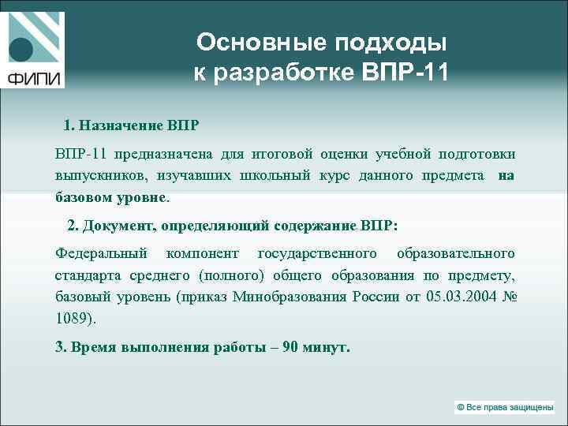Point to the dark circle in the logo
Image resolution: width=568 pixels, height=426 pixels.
[x=21, y=50]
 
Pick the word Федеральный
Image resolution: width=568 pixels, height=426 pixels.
[x=101, y=253]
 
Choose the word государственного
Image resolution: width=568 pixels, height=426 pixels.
[x=317, y=253]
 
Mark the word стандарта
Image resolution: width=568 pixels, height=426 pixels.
[x=86, y=275]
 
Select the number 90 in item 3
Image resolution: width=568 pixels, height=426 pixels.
[x=290, y=347]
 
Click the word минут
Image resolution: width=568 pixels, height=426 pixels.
[x=326, y=347]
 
